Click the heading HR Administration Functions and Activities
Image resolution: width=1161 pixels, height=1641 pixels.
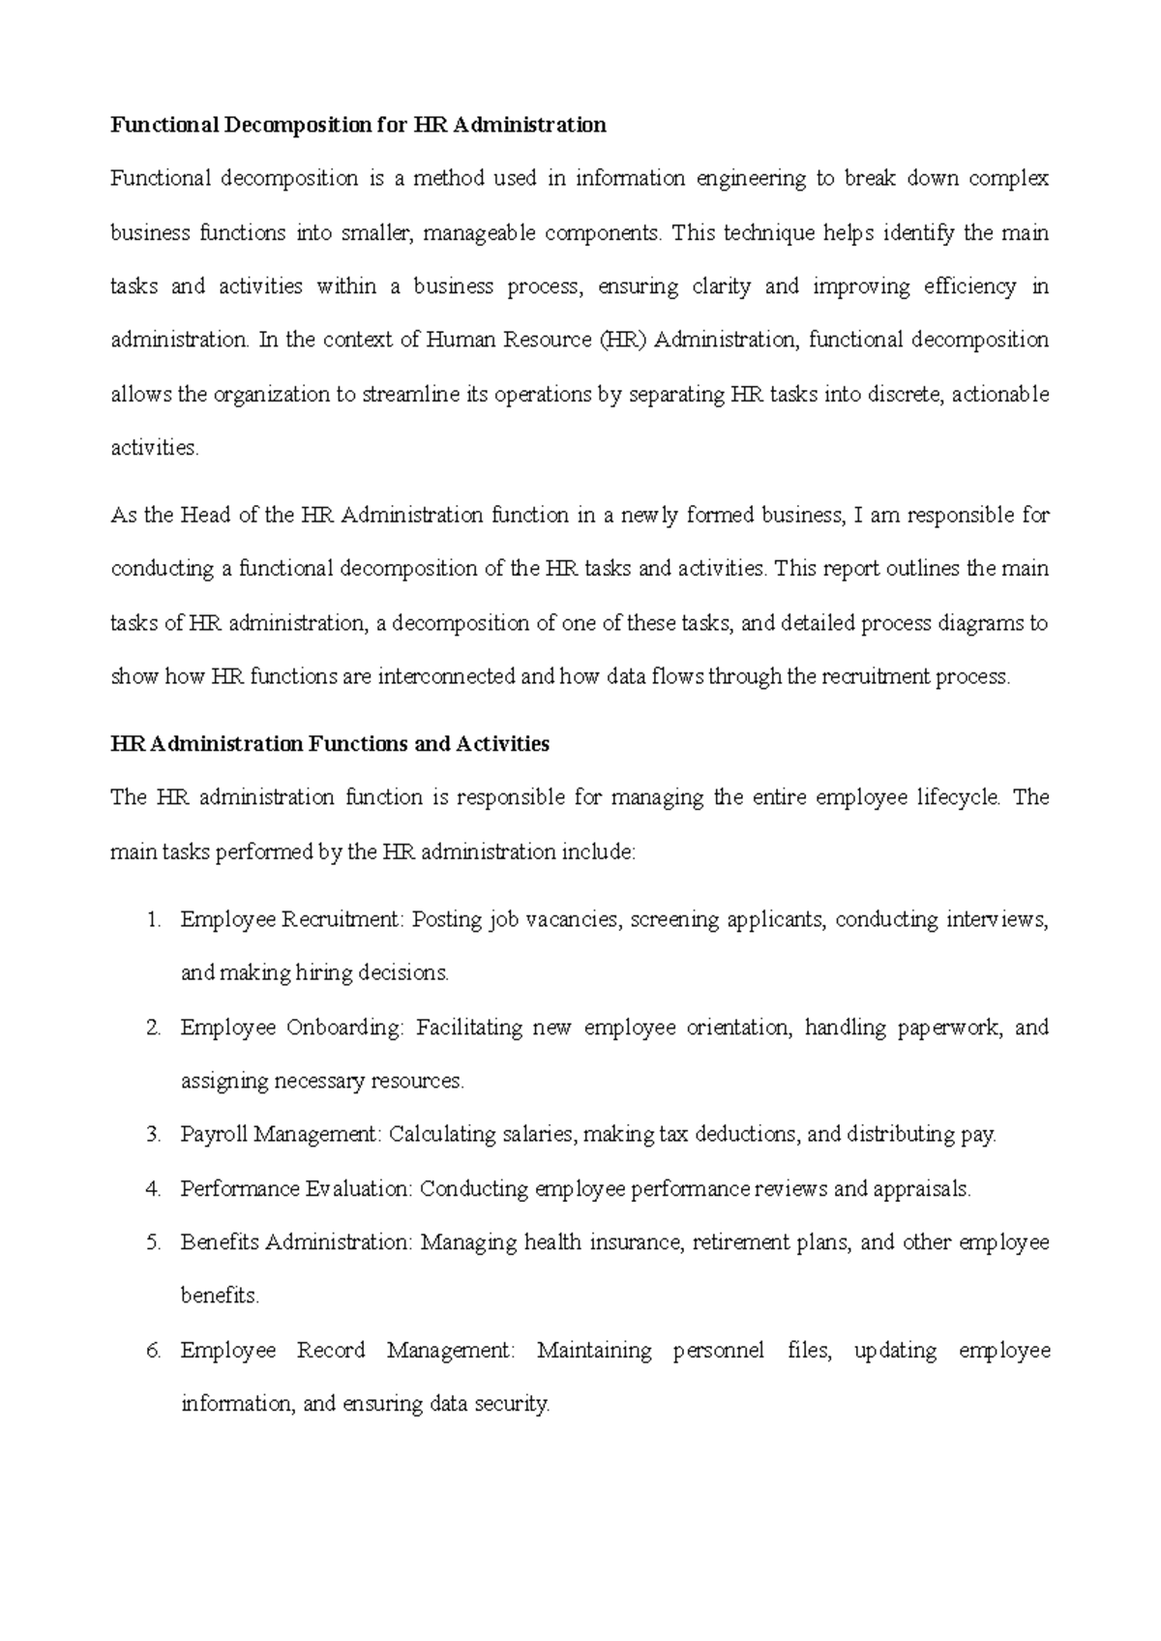coord(330,744)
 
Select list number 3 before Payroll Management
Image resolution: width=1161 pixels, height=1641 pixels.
coord(153,1135)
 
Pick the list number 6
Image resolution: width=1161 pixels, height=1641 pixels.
coord(153,1351)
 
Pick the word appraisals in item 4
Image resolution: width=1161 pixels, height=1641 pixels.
coord(921,1189)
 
